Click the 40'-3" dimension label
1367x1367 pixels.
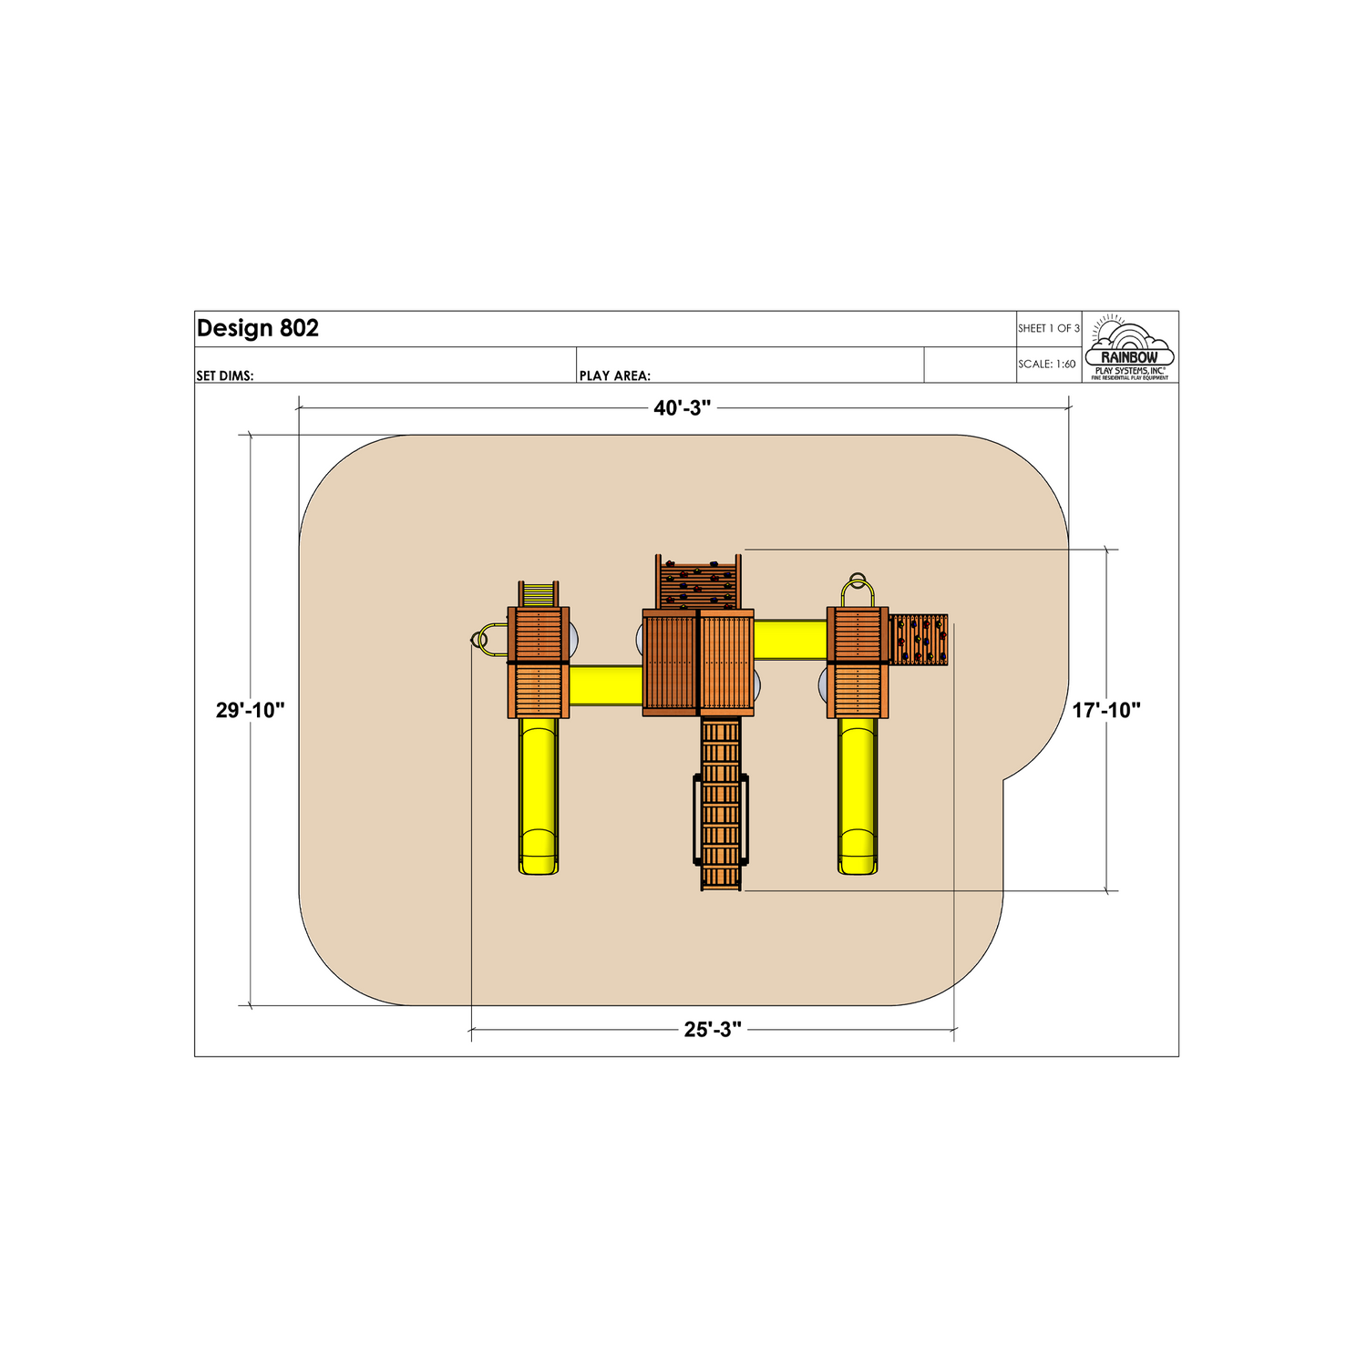pos(682,408)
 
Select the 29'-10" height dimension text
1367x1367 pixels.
pos(251,710)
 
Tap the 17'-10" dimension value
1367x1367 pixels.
pos(1106,710)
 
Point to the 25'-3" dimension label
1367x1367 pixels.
pos(713,1030)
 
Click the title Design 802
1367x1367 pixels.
pos(258,328)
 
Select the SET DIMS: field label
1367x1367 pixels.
pos(225,375)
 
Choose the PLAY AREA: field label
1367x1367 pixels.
pos(615,375)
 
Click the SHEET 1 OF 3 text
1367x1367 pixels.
pos(1049,328)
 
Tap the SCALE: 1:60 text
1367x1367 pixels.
pos(1047,364)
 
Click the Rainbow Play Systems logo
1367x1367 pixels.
pos(1130,348)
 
